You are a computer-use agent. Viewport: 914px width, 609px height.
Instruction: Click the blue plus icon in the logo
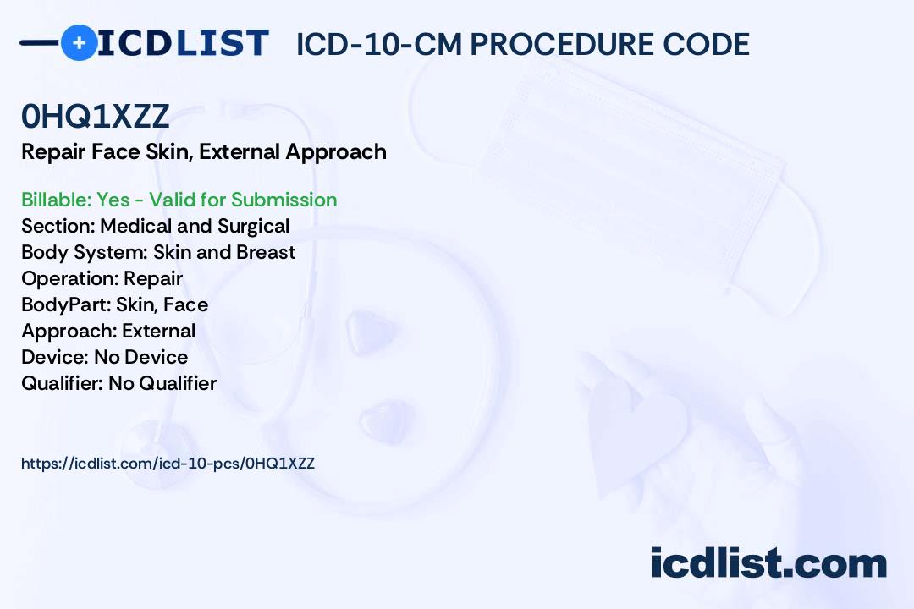pos(79,42)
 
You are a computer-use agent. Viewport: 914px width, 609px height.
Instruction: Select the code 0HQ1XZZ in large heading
pos(95,116)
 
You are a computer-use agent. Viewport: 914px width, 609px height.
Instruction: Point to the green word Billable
pos(56,200)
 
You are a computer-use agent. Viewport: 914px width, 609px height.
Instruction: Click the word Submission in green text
pos(284,200)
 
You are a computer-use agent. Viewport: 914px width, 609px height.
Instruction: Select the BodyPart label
pos(66,304)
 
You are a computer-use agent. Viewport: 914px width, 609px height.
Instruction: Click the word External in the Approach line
pos(158,331)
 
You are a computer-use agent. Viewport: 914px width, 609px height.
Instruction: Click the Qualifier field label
pos(63,383)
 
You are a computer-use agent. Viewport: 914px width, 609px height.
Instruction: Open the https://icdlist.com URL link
pos(168,464)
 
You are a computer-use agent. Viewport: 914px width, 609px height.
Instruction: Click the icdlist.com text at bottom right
pos(768,562)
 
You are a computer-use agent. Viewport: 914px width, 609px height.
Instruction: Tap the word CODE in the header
pos(706,44)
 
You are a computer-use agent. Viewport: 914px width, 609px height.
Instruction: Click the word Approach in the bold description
pos(336,152)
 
